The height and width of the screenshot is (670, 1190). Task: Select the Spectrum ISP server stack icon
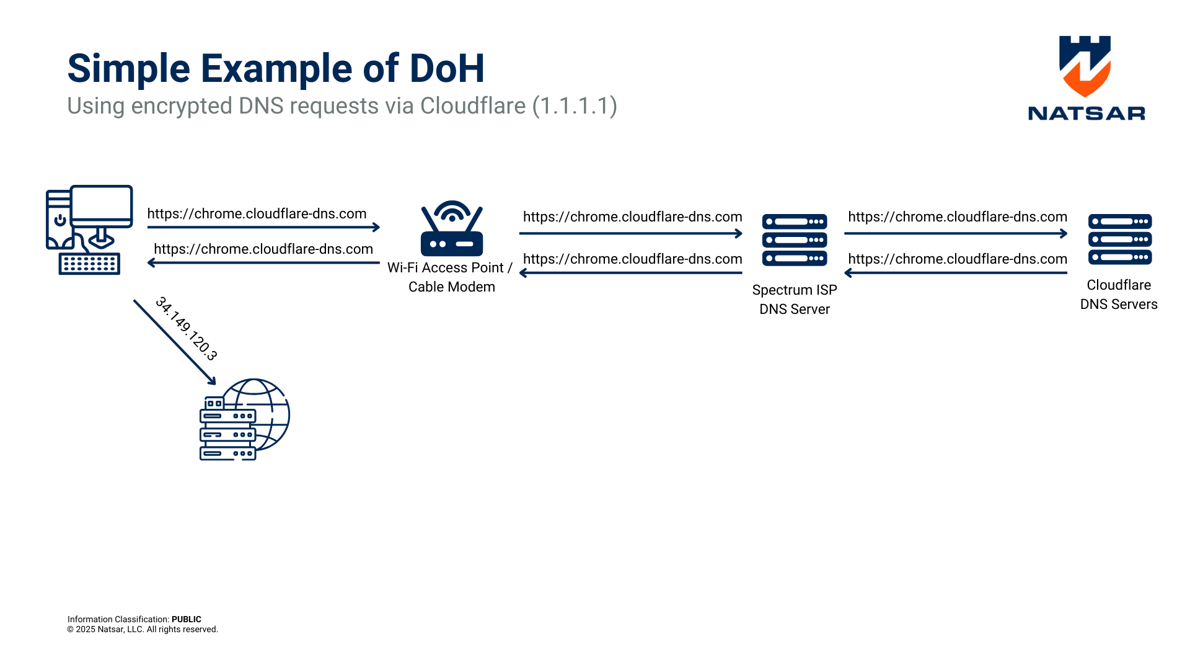[795, 239]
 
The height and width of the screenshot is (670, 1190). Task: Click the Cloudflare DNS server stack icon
[1120, 239]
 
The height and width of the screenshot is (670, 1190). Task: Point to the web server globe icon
[245, 419]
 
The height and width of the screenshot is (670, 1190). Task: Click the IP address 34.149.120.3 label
[186, 329]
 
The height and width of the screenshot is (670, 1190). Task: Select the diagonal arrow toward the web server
[174, 342]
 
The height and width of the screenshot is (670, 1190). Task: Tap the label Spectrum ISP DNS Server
[795, 300]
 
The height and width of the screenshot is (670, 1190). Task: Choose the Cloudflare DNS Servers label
[1119, 295]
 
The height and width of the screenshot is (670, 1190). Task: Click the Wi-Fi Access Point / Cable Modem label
[451, 277]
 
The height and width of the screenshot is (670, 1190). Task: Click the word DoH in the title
[447, 68]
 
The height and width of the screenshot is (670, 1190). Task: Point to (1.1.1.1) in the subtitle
[575, 106]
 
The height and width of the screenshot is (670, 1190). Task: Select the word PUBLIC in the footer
[187, 619]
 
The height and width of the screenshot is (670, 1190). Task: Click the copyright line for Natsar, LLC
[143, 630]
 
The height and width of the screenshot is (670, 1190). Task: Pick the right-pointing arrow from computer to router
[263, 227]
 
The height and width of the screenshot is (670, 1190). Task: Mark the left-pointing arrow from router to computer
[263, 262]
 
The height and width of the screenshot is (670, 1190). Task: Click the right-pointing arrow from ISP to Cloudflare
[956, 233]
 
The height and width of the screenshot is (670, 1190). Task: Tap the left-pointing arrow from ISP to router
[631, 273]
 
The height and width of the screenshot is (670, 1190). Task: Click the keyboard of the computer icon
[89, 264]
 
